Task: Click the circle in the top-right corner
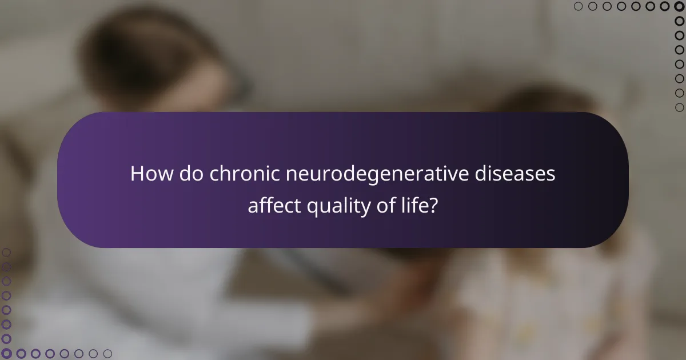pyautogui.click(x=680, y=6)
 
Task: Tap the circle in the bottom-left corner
pyautogui.click(x=6, y=354)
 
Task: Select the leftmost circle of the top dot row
pyautogui.click(x=578, y=6)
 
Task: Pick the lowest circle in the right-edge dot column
pyautogui.click(x=680, y=107)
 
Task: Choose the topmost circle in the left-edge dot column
pyautogui.click(x=6, y=252)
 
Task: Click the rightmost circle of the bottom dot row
pyautogui.click(x=108, y=354)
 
